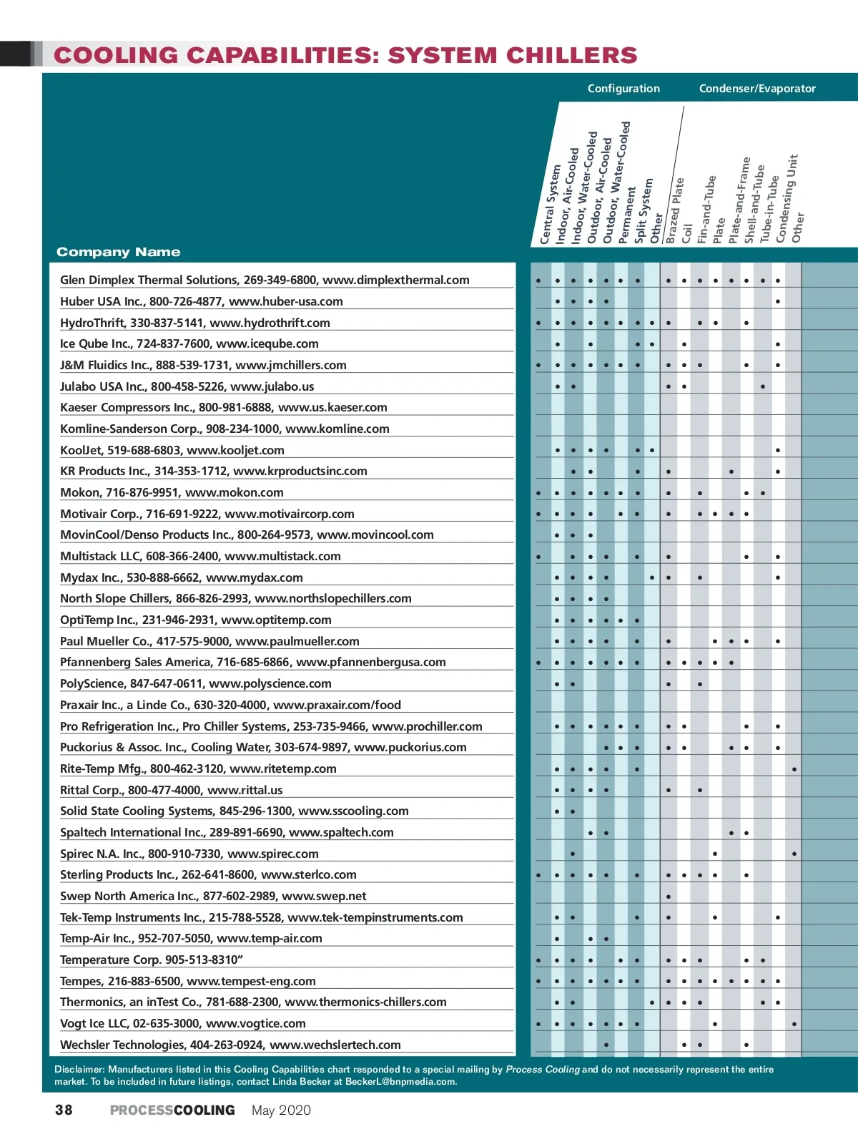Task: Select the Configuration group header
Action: [x=623, y=89]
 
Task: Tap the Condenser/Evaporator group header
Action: [x=757, y=89]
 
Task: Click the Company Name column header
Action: [x=118, y=252]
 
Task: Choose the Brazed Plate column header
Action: [x=675, y=210]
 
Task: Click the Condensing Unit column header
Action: [x=786, y=198]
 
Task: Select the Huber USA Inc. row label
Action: [x=201, y=301]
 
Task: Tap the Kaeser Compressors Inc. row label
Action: [x=223, y=407]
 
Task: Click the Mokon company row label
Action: [x=172, y=492]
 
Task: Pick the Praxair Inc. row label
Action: [x=230, y=705]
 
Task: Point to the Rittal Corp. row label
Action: [x=171, y=790]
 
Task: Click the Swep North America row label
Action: [x=213, y=896]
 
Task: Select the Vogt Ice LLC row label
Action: [x=182, y=1023]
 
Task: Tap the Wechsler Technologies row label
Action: [x=230, y=1045]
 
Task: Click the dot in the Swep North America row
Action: [x=668, y=897]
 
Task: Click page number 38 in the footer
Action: [x=64, y=1110]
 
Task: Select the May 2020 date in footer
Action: [x=281, y=1111]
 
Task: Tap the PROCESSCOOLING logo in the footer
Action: [x=172, y=1111]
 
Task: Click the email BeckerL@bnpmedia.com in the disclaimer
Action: [x=400, y=1082]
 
